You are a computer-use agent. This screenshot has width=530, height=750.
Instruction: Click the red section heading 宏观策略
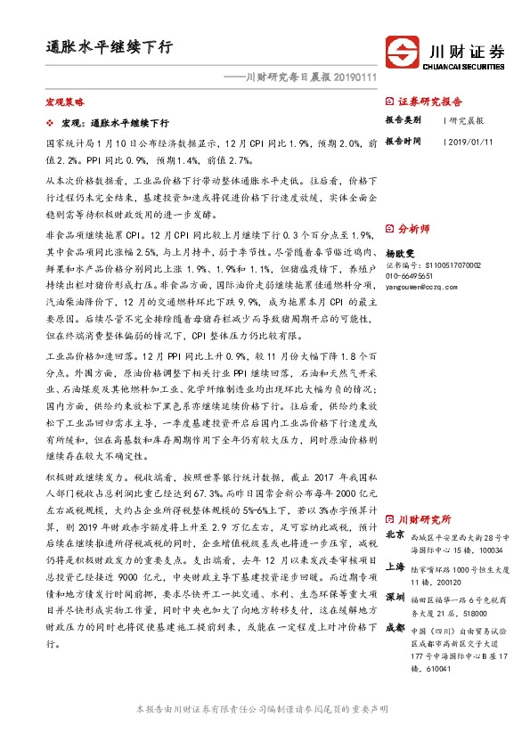[62, 103]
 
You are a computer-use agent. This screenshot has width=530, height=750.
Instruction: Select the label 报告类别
[402, 120]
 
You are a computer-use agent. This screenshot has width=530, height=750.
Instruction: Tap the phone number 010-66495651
[411, 275]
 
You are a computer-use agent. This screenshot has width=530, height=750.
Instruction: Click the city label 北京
[395, 535]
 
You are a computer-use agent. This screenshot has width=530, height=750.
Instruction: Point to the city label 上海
[395, 567]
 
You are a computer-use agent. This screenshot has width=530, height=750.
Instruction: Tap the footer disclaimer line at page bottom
[264, 734]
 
